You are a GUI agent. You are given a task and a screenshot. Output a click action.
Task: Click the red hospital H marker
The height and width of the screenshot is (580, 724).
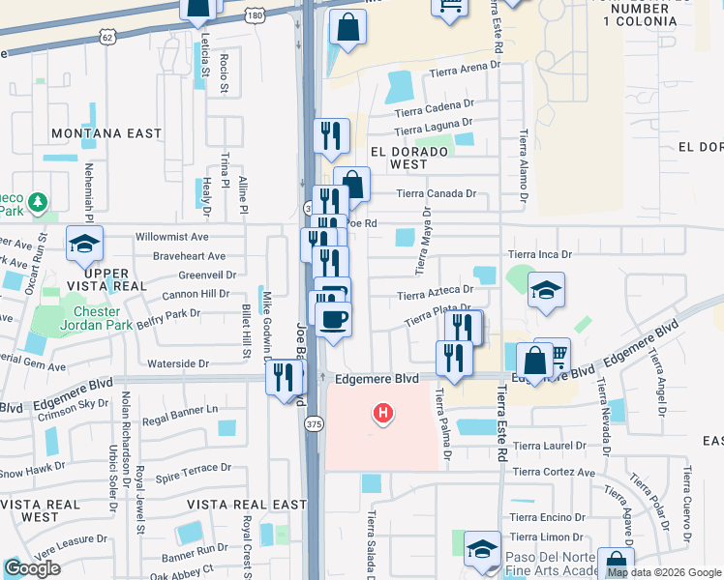pos(383,414)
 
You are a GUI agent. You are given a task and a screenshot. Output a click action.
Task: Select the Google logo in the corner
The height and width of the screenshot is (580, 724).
pos(31,568)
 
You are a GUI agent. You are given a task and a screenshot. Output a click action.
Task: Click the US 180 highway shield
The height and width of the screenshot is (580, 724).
pos(255,16)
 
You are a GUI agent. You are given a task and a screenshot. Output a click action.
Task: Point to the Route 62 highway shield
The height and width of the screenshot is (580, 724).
pos(106,38)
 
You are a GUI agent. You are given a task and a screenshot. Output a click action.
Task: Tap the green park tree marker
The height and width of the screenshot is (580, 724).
pos(38,202)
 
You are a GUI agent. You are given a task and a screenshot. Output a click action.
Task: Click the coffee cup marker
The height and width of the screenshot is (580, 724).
pos(334,319)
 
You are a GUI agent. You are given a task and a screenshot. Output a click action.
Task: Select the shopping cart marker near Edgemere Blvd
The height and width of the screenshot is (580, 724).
pos(552,353)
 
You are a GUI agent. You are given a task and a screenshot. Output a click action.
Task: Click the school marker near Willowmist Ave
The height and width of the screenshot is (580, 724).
pos(83,244)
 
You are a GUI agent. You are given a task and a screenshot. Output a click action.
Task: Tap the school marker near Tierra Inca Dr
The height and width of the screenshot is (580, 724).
pos(546,289)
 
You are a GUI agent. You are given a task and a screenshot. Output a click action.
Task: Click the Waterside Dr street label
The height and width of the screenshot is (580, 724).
pos(178,364)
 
